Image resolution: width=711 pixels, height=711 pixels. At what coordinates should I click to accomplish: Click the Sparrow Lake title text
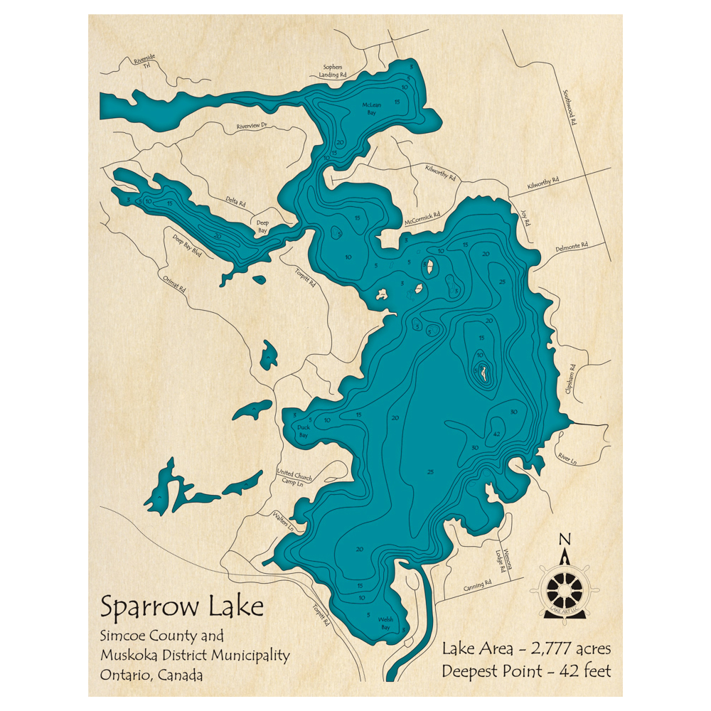point(182,607)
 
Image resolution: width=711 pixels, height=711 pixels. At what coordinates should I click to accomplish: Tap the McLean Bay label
point(372,109)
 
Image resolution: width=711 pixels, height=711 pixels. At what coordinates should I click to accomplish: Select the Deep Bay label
point(263,226)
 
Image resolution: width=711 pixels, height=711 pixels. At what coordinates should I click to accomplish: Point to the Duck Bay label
point(303,431)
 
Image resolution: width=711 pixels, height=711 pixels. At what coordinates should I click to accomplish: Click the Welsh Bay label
point(385,624)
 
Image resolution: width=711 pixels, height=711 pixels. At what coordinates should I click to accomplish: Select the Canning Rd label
point(477,585)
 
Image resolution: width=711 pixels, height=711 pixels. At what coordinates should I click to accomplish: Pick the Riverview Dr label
point(251,126)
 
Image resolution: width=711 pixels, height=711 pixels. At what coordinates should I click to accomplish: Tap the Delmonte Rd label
point(574,246)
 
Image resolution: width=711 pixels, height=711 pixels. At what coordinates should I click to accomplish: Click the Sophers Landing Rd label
point(332,70)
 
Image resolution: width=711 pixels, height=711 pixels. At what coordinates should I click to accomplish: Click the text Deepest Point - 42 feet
point(526,670)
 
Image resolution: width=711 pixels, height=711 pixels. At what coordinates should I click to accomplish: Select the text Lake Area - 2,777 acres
point(526,648)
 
